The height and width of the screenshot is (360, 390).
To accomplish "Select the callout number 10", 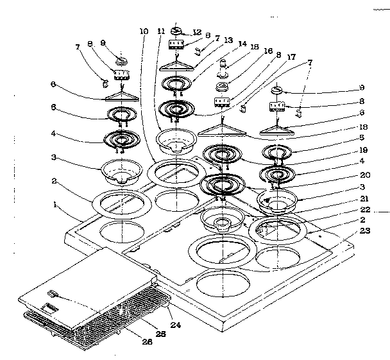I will (143, 31).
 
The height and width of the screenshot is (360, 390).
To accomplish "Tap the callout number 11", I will (161, 31).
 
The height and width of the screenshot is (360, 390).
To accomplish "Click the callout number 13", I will (228, 40).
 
